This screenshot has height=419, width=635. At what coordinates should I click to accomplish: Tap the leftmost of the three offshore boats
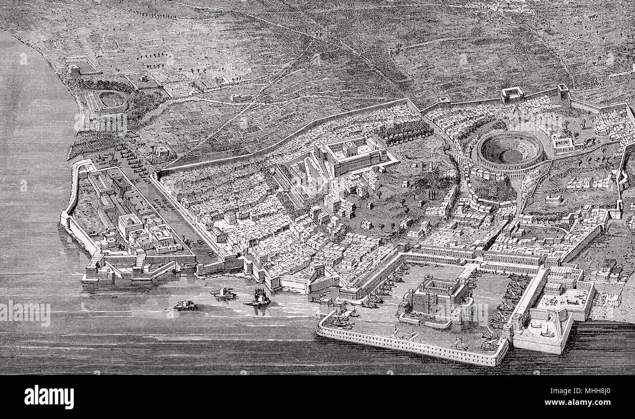pos(186,305)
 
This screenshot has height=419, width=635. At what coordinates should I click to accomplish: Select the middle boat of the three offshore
pos(223,293)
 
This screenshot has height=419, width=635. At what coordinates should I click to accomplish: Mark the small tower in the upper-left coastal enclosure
pos(74,70)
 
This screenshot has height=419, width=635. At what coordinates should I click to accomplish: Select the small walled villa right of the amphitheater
pos(562,143)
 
